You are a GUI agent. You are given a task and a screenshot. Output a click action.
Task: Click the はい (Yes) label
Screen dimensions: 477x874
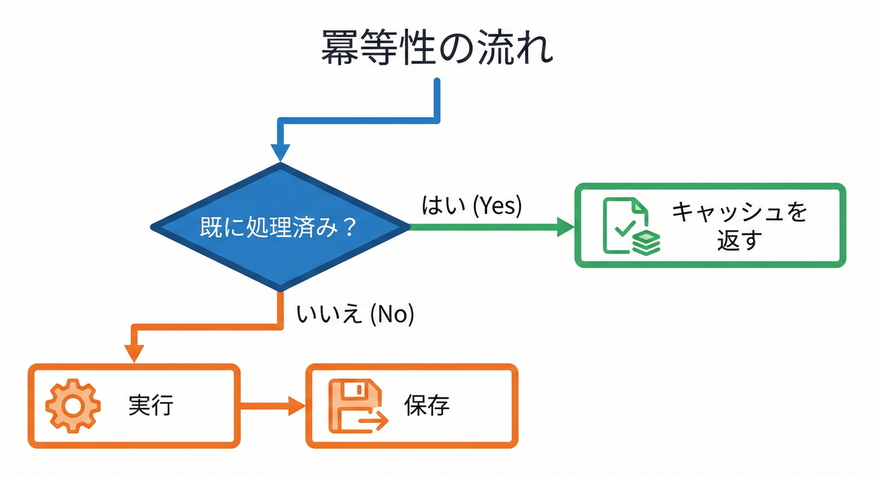[x=472, y=206]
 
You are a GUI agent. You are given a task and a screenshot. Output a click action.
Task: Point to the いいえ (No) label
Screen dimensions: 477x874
[x=355, y=314]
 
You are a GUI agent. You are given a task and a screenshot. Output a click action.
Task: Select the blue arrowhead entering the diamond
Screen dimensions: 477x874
[x=281, y=153]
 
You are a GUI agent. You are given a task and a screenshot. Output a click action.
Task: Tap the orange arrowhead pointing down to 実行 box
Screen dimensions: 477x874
[x=133, y=352]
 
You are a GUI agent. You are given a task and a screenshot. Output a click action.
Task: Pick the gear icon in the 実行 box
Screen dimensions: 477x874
[x=73, y=406]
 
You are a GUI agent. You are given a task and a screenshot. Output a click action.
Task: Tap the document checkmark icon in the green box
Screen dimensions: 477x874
[x=626, y=225]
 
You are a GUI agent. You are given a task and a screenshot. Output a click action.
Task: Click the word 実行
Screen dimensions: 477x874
[x=151, y=406]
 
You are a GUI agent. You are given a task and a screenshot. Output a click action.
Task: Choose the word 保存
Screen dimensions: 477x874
[x=426, y=406]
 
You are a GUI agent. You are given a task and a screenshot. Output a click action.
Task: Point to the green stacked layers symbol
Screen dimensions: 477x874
[x=646, y=242]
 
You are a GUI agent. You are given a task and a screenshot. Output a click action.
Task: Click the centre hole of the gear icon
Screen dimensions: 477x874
[x=73, y=406]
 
